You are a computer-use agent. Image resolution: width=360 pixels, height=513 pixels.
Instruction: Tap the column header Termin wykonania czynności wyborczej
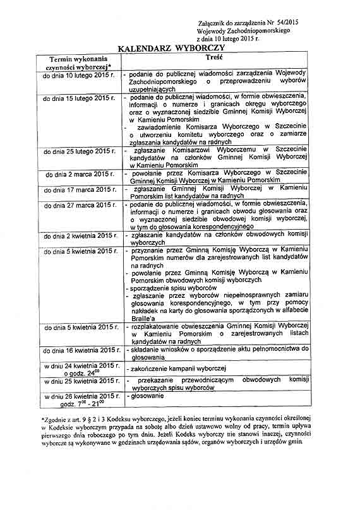(79, 62)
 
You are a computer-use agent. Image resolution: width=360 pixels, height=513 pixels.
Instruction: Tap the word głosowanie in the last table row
(148, 396)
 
